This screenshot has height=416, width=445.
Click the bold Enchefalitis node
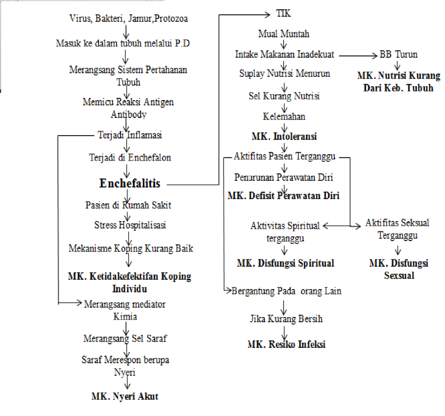130,184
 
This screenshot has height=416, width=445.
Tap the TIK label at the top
283,13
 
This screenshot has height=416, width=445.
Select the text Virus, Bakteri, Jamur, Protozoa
128,19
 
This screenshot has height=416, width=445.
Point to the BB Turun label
398,55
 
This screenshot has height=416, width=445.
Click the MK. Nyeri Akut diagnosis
125,396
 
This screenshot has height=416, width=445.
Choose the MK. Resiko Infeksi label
286,345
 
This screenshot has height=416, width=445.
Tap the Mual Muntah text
284,34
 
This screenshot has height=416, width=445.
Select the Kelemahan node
284,117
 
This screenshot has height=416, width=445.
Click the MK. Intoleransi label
284,137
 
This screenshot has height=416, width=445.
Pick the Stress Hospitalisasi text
130,225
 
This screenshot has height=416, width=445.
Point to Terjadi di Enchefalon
130,158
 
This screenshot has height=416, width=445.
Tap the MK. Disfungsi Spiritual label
285,263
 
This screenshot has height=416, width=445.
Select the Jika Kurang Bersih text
286,319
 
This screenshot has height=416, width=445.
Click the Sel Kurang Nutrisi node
284,96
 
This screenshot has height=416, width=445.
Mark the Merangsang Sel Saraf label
125,338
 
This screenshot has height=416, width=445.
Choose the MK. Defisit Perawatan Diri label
283,196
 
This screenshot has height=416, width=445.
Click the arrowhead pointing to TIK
267,15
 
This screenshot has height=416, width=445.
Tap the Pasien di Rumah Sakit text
128,205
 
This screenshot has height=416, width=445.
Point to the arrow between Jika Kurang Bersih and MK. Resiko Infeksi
284,333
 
